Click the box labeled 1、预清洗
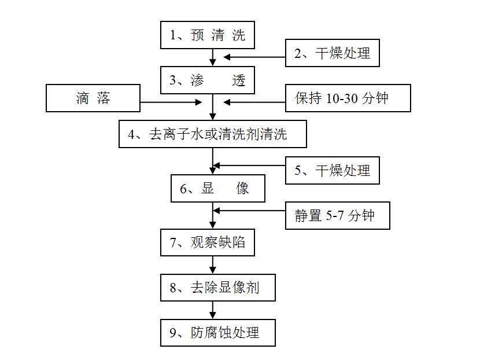[x=208, y=35]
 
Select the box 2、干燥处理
[x=333, y=53]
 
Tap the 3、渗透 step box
[x=208, y=80]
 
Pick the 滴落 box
[x=93, y=98]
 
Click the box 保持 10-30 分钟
[x=348, y=98]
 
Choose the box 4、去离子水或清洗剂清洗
[x=213, y=134]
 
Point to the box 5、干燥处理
[x=333, y=170]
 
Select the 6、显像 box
[x=218, y=189]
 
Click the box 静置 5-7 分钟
[x=338, y=215]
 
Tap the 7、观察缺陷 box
[x=208, y=243]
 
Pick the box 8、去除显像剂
[x=218, y=288]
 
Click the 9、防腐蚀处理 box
[x=218, y=333]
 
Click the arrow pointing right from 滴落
[x=171, y=102]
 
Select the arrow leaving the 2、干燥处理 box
[x=254, y=57]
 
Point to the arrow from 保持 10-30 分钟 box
[x=254, y=102]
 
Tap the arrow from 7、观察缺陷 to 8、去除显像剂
[x=213, y=265]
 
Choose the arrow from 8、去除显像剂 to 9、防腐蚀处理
[x=213, y=310]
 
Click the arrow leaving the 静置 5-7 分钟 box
[x=249, y=211]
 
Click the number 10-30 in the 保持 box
[x=342, y=98]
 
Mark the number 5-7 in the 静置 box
[x=334, y=216]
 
